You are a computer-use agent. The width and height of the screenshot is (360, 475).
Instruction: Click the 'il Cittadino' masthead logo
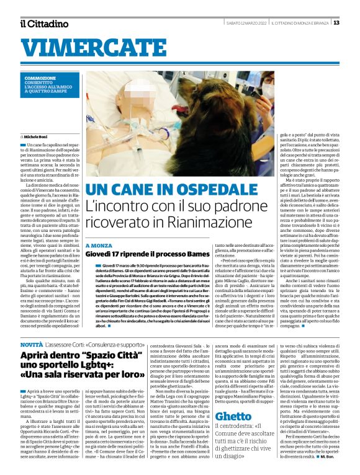click(43, 24)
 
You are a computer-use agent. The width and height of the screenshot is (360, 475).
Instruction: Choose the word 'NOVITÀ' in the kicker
click(31, 344)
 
